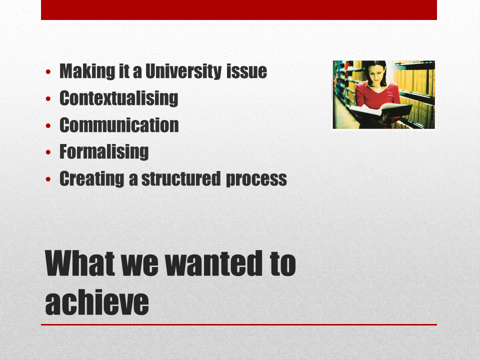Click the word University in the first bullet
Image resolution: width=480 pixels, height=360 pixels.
click(183, 71)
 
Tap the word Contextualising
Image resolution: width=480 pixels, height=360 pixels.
click(119, 98)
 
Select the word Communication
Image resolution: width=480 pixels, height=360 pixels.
click(119, 125)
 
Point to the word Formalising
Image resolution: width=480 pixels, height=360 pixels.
click(104, 152)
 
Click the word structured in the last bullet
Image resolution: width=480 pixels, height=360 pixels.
click(181, 179)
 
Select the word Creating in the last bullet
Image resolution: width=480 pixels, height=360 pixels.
click(92, 179)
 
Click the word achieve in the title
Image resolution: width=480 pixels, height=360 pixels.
click(97, 302)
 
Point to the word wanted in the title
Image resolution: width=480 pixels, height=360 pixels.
click(213, 263)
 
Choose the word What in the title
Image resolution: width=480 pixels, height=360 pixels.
click(80, 263)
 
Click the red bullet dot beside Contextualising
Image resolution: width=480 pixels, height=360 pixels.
click(48, 98)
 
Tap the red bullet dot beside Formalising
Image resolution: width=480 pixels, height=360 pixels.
click(48, 152)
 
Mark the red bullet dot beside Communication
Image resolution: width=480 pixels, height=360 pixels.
click(48, 125)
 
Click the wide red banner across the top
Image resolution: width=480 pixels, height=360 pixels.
click(239, 10)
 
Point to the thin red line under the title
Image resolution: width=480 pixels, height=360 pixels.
click(239, 324)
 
